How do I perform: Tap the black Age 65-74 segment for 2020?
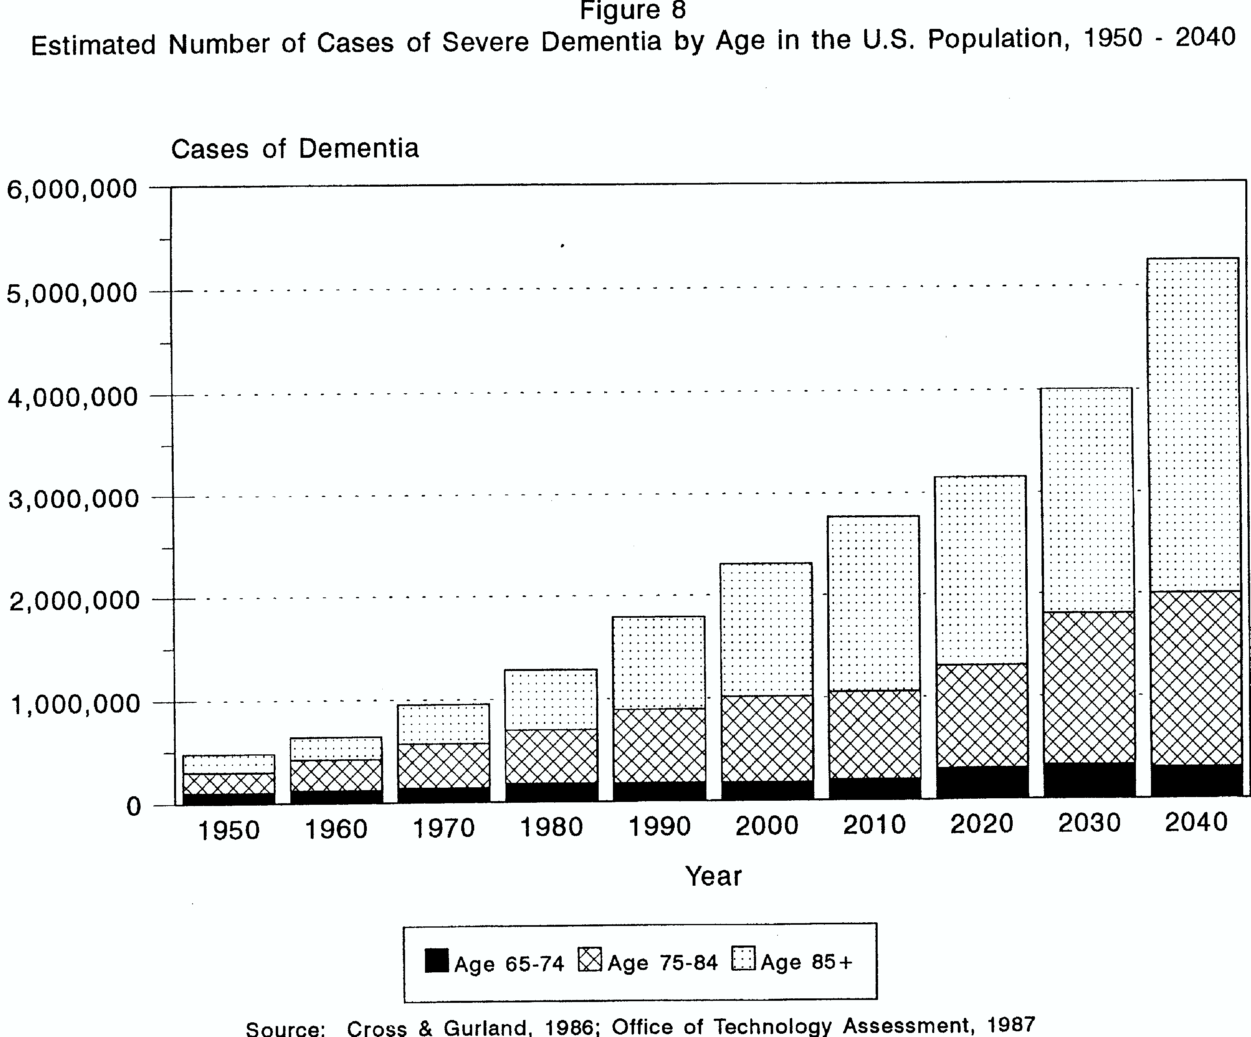(982, 782)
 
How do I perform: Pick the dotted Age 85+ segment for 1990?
(659, 662)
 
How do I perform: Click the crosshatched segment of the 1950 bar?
(229, 783)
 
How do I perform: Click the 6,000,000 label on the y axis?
(72, 190)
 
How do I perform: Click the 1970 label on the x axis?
(444, 828)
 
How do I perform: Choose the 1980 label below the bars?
(551, 827)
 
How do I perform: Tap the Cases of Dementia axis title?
(295, 148)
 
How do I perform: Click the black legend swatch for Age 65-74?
(437, 961)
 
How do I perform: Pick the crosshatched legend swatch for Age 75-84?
(590, 960)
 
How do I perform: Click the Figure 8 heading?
(633, 10)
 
